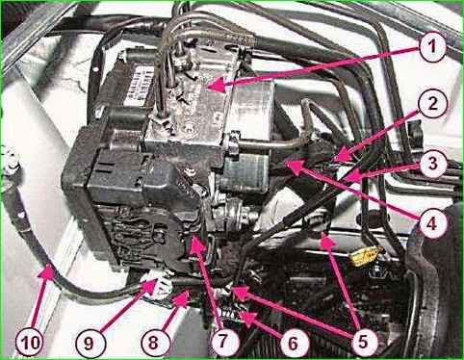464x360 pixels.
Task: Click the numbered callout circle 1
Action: click(x=433, y=47)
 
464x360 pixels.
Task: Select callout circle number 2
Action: click(x=433, y=104)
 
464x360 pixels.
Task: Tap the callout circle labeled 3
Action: click(x=433, y=164)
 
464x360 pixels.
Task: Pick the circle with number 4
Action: click(x=433, y=223)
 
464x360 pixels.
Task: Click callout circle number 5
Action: click(x=363, y=342)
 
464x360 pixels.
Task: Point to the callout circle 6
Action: click(x=294, y=343)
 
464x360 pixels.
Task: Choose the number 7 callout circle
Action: click(x=225, y=342)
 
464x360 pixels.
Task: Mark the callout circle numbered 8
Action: click(x=153, y=342)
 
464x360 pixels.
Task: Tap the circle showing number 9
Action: click(x=90, y=343)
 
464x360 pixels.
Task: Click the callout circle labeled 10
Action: click(x=30, y=342)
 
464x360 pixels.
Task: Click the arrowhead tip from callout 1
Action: click(x=208, y=87)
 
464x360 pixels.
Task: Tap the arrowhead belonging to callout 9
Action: click(x=157, y=280)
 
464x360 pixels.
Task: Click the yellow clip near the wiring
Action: click(x=367, y=255)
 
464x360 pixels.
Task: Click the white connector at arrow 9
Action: click(x=158, y=284)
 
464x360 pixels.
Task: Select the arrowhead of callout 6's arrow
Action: click(x=240, y=312)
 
